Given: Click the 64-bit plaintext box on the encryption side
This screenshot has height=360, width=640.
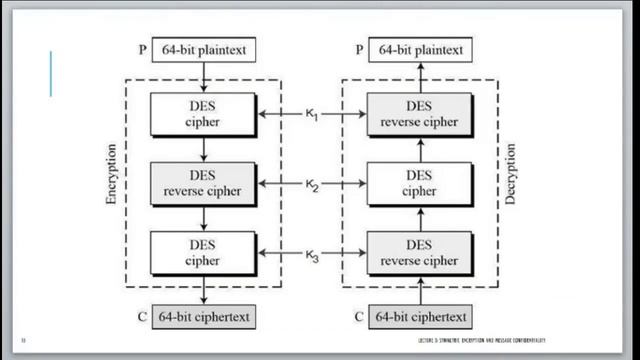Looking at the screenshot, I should [203, 49].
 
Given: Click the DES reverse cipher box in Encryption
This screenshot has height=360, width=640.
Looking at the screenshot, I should [203, 183].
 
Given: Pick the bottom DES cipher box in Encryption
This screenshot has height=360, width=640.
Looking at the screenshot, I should [203, 252].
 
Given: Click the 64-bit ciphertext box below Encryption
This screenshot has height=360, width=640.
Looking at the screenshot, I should [203, 319].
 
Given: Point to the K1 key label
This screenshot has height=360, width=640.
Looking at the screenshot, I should [311, 115].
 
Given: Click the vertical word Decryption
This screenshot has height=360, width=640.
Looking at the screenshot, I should [511, 184].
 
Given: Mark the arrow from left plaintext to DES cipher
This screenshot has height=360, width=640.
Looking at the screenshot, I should [203, 75].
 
